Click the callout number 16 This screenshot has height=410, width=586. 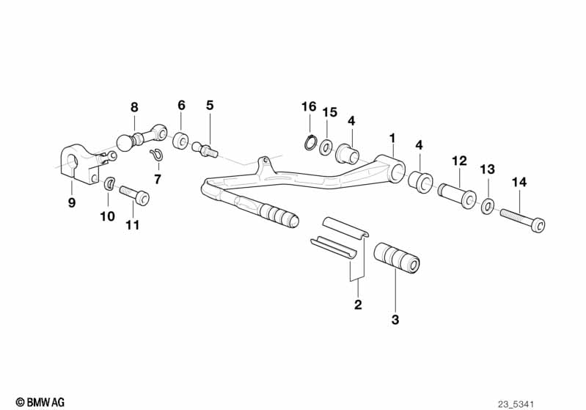tap(308, 107)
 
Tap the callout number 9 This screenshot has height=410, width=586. tap(72, 203)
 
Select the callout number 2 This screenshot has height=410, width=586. tap(358, 305)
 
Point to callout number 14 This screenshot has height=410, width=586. tap(519, 181)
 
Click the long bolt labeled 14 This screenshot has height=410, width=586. tap(522, 218)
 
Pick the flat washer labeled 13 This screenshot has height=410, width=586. tap(487, 206)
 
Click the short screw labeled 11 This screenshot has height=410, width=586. tap(135, 196)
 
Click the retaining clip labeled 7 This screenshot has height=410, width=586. tap(155, 155)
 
